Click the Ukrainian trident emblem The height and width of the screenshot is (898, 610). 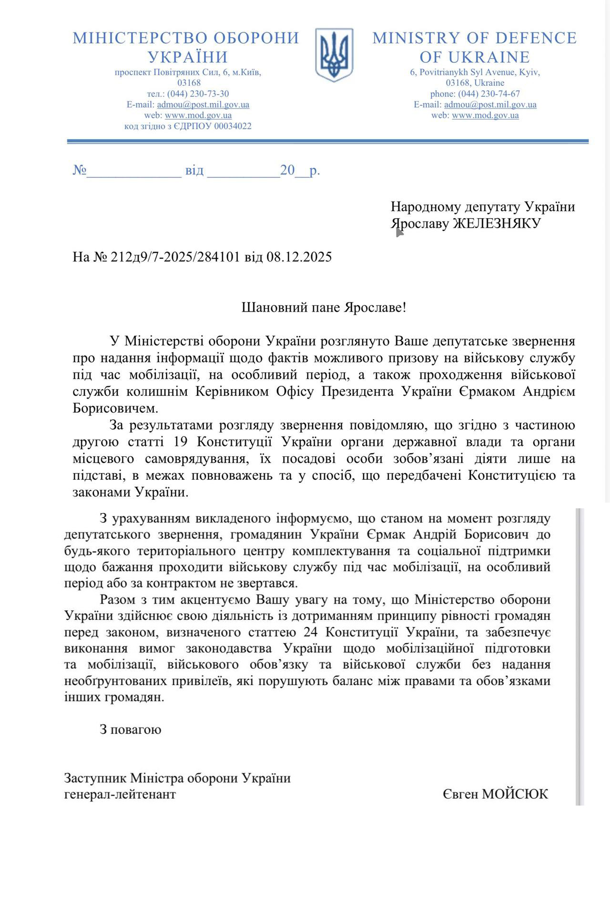tap(334, 55)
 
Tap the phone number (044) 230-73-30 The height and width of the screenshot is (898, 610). tap(198, 94)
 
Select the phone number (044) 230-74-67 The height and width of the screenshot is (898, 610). tap(489, 94)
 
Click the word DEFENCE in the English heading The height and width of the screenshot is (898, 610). tap(538, 38)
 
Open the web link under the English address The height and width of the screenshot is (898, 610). tap(485, 115)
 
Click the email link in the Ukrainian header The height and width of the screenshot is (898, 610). tap(203, 105)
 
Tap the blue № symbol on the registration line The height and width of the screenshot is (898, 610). tap(79, 170)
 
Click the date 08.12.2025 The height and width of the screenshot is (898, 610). tap(299, 257)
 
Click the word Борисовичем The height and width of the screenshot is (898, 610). tap(114, 409)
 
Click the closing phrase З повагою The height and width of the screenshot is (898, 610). tap(130, 729)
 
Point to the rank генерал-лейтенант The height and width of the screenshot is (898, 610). tap(120, 794)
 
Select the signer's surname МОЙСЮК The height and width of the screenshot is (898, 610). tap(515, 794)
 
